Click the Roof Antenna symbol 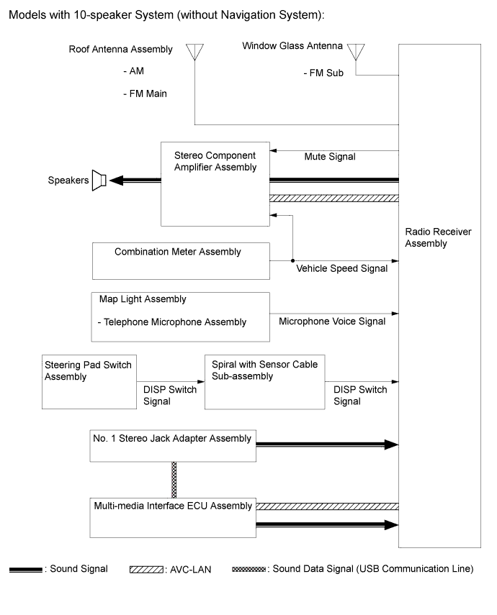194,51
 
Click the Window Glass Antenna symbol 356,51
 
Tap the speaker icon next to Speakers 99,181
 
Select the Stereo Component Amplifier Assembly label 215,161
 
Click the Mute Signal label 330,157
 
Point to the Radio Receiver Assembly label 438,237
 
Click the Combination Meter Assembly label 178,252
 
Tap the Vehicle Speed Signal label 342,268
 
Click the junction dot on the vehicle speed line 292,260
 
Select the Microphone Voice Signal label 332,322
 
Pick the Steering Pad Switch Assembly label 88,370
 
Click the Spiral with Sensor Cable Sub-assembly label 264,370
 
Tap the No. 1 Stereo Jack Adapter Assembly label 172,438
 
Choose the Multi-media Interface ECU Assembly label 173,506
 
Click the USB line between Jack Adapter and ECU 174,480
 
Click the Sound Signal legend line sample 25,570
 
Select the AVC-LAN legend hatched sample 146,570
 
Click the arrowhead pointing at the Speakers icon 116,181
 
